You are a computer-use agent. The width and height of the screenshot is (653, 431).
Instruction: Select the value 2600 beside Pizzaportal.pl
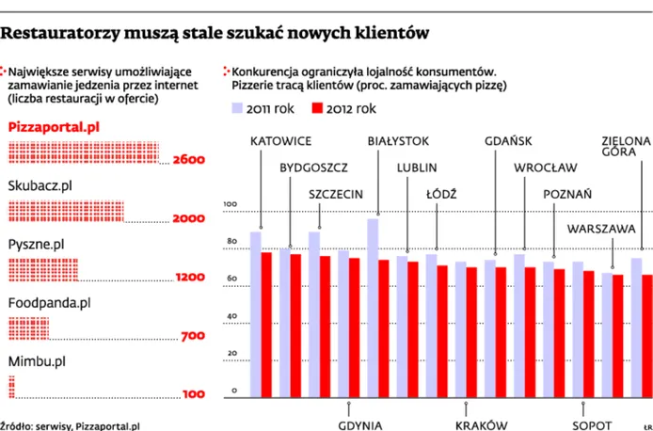tap(188, 160)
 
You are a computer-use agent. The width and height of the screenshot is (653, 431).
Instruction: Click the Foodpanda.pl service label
tap(49, 303)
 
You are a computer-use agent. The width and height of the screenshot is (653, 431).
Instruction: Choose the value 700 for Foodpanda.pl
tap(192, 336)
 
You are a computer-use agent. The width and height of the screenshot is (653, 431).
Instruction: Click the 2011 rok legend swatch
tap(240, 109)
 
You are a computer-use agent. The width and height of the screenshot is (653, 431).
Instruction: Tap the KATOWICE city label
tap(281, 141)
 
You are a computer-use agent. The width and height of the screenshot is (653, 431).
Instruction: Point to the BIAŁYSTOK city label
tap(398, 141)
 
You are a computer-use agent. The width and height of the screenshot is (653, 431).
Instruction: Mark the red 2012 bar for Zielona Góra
tap(646, 334)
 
